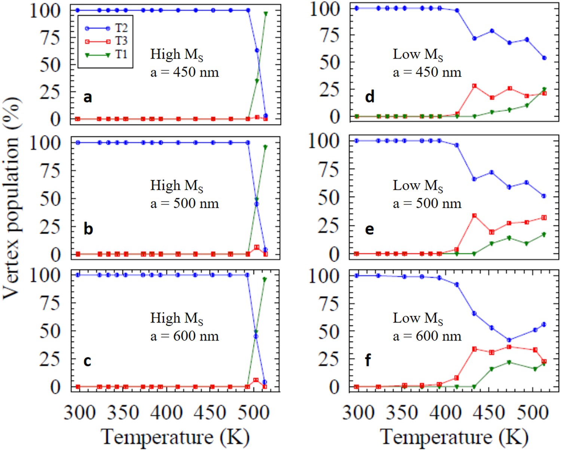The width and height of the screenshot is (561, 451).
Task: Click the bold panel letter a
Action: click(88, 97)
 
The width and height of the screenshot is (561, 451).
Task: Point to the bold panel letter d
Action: click(370, 97)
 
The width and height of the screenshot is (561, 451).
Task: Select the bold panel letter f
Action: click(368, 360)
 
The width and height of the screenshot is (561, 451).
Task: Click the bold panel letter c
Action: click(87, 361)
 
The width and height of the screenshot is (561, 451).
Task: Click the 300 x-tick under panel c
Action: click(79, 413)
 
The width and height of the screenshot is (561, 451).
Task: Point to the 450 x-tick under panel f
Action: click(490, 413)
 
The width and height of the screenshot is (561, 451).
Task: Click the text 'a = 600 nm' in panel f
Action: click(427, 336)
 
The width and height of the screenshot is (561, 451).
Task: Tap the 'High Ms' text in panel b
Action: click(177, 186)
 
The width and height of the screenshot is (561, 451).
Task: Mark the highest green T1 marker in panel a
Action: click(266, 14)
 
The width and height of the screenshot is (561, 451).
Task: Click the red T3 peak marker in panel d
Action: click(474, 86)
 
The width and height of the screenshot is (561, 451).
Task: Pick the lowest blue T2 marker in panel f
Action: click(509, 340)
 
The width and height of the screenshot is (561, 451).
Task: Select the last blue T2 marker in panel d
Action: click(544, 58)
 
